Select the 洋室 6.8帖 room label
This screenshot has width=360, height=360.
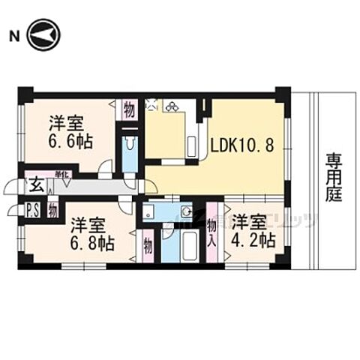pyautogui.click(x=92, y=233)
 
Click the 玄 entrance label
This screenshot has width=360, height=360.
pyautogui.click(x=36, y=184)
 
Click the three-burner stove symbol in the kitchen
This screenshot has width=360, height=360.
pyautogui.click(x=173, y=106)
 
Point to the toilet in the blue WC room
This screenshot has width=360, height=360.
pyautogui.click(x=128, y=146)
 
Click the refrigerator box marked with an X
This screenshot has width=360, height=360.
pyautogui.click(x=151, y=106)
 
